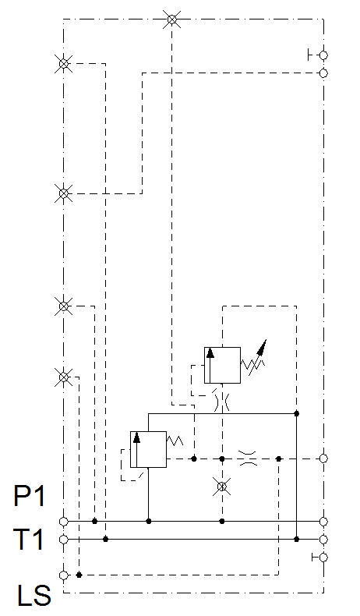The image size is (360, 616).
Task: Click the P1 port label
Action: (x=30, y=496)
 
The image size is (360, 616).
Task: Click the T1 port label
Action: (x=29, y=539)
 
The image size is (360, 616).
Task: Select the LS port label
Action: (x=34, y=595)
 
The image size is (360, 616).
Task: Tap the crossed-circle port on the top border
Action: (x=172, y=19)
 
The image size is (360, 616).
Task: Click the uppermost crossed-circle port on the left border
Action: (x=63, y=63)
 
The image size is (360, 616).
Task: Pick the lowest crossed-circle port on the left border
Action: (x=63, y=377)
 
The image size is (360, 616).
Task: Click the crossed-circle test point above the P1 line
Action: (x=222, y=487)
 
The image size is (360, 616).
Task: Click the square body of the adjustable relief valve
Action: (x=222, y=365)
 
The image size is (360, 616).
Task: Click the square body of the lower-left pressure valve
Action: (x=148, y=449)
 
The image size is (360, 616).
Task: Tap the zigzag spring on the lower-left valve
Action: (x=175, y=441)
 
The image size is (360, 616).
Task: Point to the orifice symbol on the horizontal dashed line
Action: (x=248, y=458)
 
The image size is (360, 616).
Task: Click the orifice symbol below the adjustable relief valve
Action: (x=222, y=402)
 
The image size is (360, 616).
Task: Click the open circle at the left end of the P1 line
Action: (x=64, y=522)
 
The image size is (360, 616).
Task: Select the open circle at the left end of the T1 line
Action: (x=64, y=540)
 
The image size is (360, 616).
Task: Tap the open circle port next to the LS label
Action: (x=64, y=575)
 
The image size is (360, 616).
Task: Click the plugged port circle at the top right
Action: (x=323, y=55)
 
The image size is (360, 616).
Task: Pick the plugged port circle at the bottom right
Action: (x=323, y=557)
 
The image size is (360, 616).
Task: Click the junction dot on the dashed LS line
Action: (x=79, y=575)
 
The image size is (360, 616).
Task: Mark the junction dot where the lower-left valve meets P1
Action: (x=149, y=522)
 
